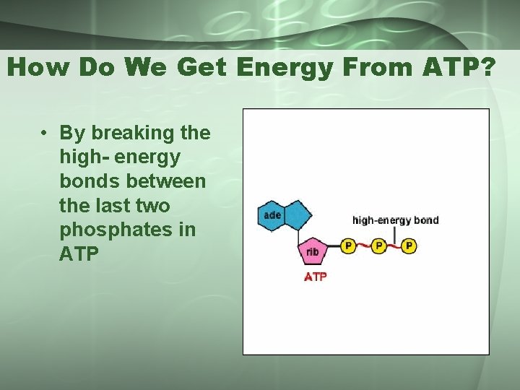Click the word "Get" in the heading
(200, 68)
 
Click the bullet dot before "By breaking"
(44, 134)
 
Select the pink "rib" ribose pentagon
(312, 251)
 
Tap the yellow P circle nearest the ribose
(348, 246)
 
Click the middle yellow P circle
(378, 246)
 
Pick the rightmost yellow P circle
(409, 246)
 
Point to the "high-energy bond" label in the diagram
(395, 220)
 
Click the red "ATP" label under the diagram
(315, 276)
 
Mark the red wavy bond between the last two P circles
(394, 247)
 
